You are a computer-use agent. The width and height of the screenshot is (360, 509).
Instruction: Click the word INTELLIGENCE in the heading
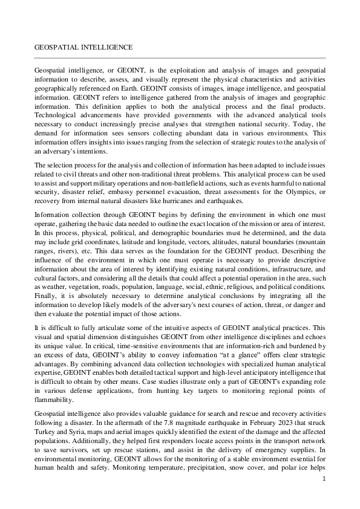(108, 47)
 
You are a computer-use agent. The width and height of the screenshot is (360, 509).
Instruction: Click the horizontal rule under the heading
(180, 58)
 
